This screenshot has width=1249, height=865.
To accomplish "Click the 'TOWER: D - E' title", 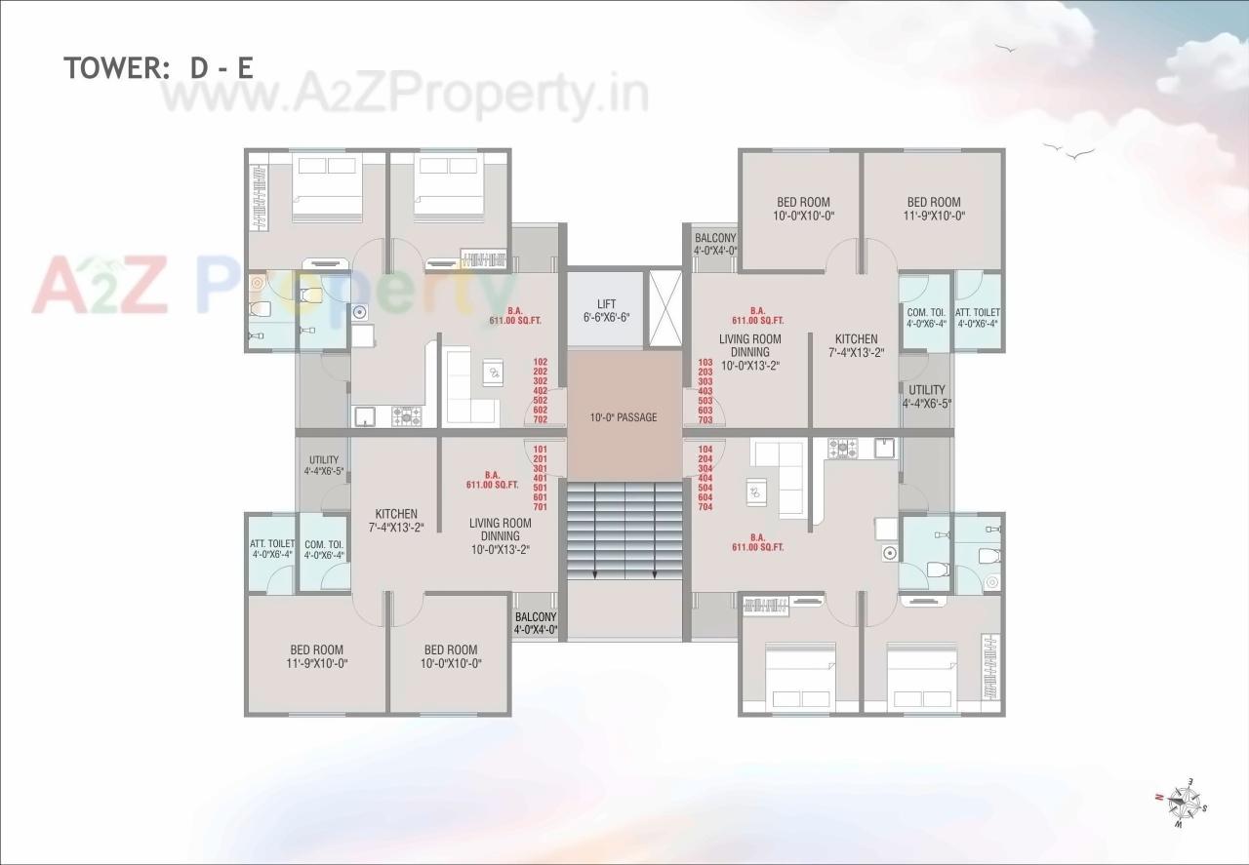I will pos(159,67).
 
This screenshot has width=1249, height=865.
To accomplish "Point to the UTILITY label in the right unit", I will pos(926,396).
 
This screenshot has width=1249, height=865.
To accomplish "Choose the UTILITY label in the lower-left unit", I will pos(324,466).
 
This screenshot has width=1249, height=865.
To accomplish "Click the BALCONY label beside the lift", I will pos(715,244).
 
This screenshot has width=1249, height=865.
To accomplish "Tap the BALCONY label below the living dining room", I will pos(536,623).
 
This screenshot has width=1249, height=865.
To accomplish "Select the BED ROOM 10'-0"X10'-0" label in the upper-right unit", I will pos(803,209).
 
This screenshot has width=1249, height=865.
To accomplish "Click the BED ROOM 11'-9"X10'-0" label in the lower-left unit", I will pos(317,656).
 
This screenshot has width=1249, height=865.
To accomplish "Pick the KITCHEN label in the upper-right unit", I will pos(856,345).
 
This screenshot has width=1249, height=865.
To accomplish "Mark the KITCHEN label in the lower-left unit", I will pos(396,520).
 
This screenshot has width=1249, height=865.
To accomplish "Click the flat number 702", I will pos(541,420).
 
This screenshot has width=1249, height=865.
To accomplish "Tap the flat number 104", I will pos(705,449).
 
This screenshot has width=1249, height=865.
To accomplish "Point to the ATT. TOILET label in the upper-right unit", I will pos(977,318).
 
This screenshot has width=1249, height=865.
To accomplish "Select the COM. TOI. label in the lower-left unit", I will pos(324,550).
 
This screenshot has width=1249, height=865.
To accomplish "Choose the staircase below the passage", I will pos(624,531).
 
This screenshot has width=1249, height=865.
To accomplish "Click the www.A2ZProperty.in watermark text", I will pos(405,96).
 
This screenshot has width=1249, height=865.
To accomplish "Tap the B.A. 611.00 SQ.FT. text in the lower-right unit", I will pos(757,542).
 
